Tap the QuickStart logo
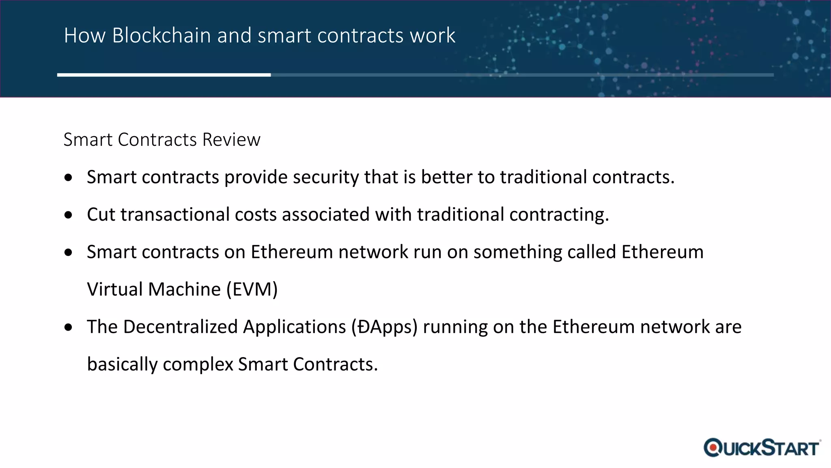(x=762, y=448)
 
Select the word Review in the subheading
(x=231, y=140)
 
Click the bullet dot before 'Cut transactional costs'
(x=69, y=215)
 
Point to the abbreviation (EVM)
(x=252, y=290)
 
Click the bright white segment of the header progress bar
(x=164, y=75)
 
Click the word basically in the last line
(x=122, y=364)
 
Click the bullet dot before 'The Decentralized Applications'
(x=69, y=327)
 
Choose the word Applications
(x=294, y=327)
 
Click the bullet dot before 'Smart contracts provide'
(x=69, y=178)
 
